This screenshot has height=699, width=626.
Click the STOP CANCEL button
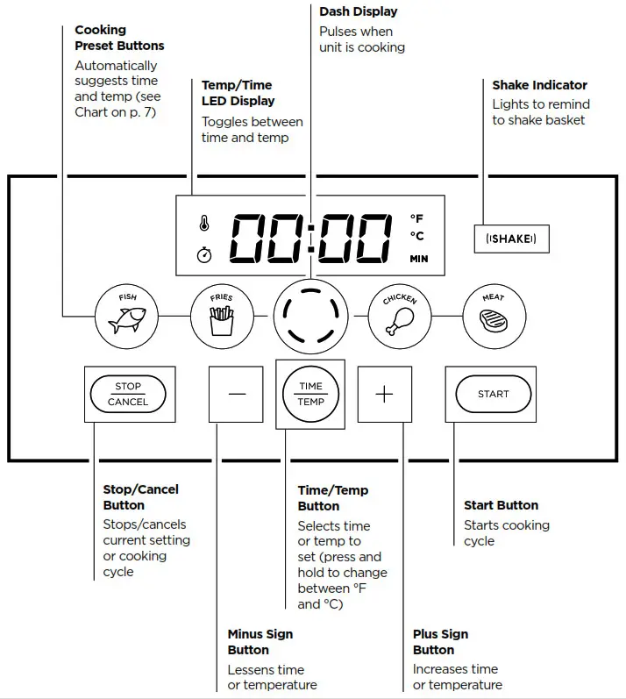click(x=128, y=394)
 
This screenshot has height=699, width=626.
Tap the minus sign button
click(x=237, y=394)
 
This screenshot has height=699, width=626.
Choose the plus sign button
click(x=384, y=394)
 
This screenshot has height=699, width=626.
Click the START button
click(x=493, y=394)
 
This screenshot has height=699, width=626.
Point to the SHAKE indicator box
click(x=511, y=239)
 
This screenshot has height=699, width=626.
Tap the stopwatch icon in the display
click(x=204, y=255)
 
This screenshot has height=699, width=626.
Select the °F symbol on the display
click(x=417, y=218)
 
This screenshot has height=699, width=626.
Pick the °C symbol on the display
click(x=417, y=236)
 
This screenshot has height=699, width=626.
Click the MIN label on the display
click(x=418, y=259)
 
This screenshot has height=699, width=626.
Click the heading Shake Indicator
click(x=539, y=85)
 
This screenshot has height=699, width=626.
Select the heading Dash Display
click(x=358, y=11)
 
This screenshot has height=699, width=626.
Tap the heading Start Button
click(x=501, y=505)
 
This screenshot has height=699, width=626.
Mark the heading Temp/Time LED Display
click(x=237, y=93)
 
